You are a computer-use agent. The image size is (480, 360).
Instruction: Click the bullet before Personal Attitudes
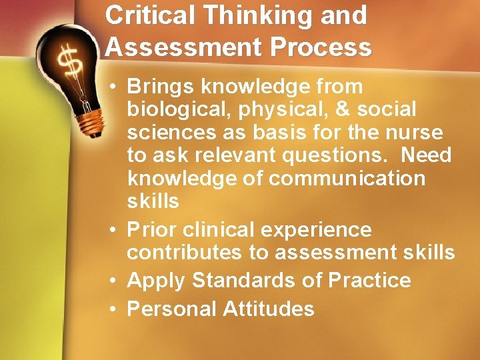[116, 309]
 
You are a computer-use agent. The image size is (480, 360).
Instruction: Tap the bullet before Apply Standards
[116, 280]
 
